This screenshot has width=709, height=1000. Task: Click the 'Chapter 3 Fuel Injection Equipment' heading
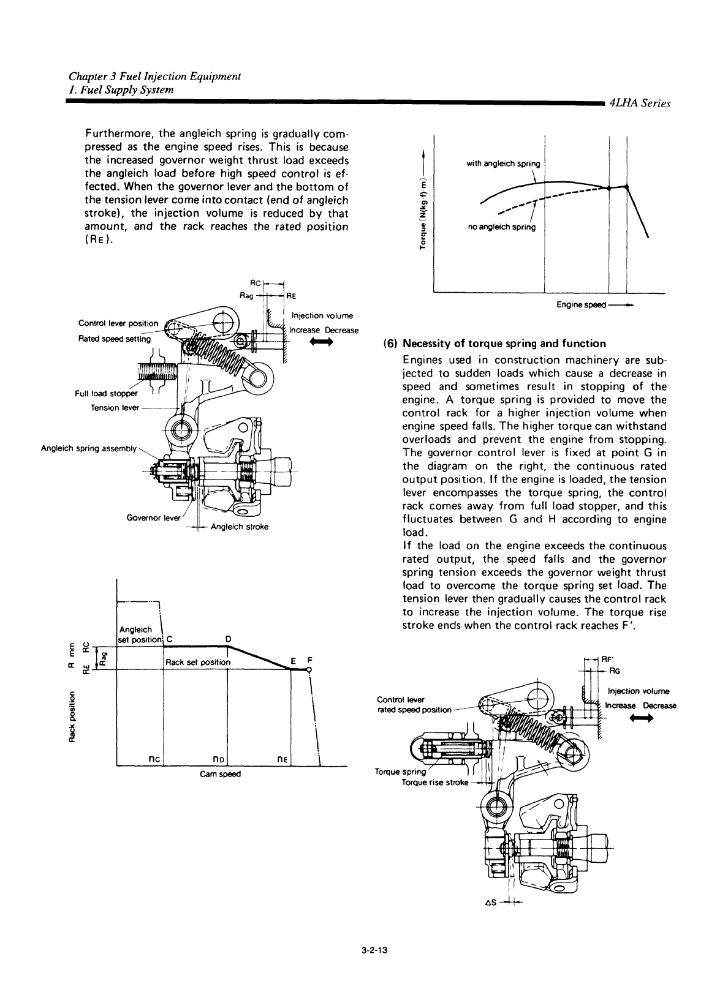click(x=154, y=77)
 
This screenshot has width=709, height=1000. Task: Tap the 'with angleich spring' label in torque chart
click(x=503, y=164)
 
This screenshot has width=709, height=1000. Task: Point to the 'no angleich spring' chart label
click(x=501, y=227)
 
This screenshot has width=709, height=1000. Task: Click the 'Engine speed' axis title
click(x=581, y=304)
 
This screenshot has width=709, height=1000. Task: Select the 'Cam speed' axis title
click(x=220, y=773)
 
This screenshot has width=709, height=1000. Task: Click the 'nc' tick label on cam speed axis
click(x=154, y=759)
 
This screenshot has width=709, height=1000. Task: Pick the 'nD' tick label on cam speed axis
click(x=219, y=759)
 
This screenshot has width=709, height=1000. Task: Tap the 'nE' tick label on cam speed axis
click(x=282, y=759)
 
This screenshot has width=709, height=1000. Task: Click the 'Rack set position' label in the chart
click(x=198, y=662)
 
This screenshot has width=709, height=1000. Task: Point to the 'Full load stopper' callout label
click(x=106, y=393)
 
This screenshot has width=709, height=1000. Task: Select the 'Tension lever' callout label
click(x=115, y=408)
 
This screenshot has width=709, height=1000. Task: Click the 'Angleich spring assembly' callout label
click(x=88, y=448)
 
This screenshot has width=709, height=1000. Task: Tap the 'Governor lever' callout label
click(x=153, y=518)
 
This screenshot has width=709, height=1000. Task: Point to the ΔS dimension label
click(x=490, y=902)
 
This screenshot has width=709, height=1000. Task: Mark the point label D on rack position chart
click(x=228, y=639)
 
